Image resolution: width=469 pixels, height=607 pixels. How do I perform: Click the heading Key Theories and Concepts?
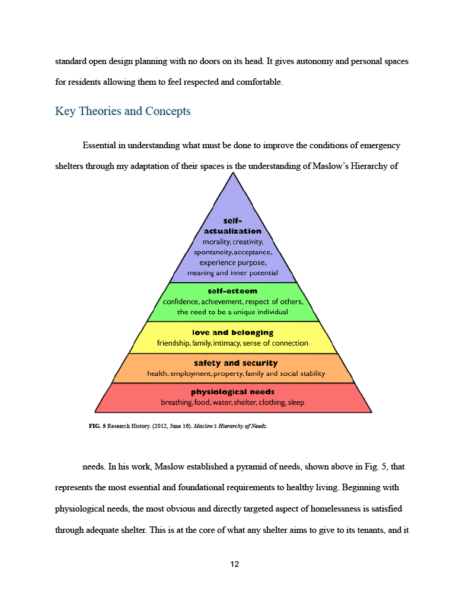pos(123,111)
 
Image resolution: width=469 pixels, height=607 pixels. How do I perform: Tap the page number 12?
pos(234,564)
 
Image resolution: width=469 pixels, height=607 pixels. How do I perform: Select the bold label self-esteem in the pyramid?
pos(232,291)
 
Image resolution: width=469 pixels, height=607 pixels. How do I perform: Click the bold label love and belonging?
pos(232,333)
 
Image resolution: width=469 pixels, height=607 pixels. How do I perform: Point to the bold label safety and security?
pos(235,363)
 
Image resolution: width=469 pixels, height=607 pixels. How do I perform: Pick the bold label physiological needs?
pos(232,392)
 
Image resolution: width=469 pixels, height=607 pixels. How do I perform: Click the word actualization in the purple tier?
pos(232,231)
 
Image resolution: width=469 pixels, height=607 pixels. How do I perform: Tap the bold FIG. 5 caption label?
pos(97,427)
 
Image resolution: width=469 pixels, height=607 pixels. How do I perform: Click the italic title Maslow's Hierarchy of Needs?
pos(230,427)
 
